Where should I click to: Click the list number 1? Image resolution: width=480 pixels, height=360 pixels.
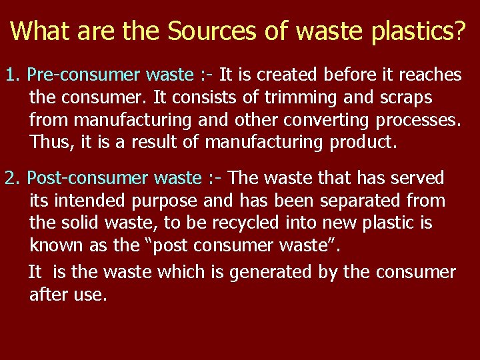click(x=11, y=75)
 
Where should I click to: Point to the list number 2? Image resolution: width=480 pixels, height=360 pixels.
click(x=11, y=178)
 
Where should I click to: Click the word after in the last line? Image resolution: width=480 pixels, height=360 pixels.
click(x=48, y=295)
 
